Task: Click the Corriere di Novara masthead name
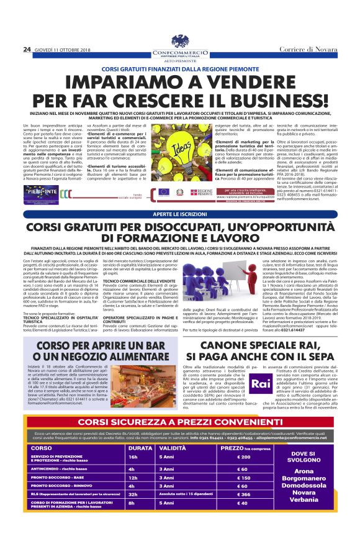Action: [x=310, y=48]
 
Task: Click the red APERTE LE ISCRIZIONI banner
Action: [x=180, y=214]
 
